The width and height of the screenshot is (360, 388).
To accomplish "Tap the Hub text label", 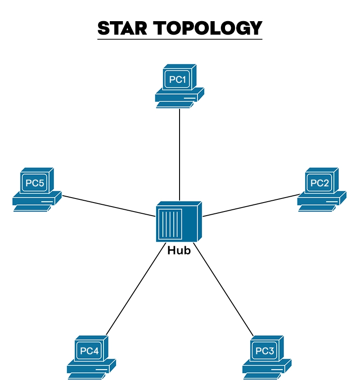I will tap(179, 251).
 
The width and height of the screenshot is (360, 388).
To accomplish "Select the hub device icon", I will tap(179, 222).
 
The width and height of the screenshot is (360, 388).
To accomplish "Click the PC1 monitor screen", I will tap(177, 80).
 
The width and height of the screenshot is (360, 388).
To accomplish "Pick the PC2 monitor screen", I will tap(320, 183).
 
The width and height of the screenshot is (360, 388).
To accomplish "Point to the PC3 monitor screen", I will tap(265, 351).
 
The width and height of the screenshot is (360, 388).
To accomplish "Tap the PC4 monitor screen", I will tap(89, 351).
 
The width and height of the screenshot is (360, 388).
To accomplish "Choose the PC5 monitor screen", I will tap(35, 183).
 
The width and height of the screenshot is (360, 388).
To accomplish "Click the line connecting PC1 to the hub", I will tap(180, 153).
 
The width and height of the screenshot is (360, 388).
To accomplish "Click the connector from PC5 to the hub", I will tap(108, 206).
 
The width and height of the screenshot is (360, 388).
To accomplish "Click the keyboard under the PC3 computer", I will tap(263, 376).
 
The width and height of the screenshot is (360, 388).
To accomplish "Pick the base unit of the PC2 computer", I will tap(321, 199).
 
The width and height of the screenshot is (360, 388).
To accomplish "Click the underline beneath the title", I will tap(180, 39).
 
